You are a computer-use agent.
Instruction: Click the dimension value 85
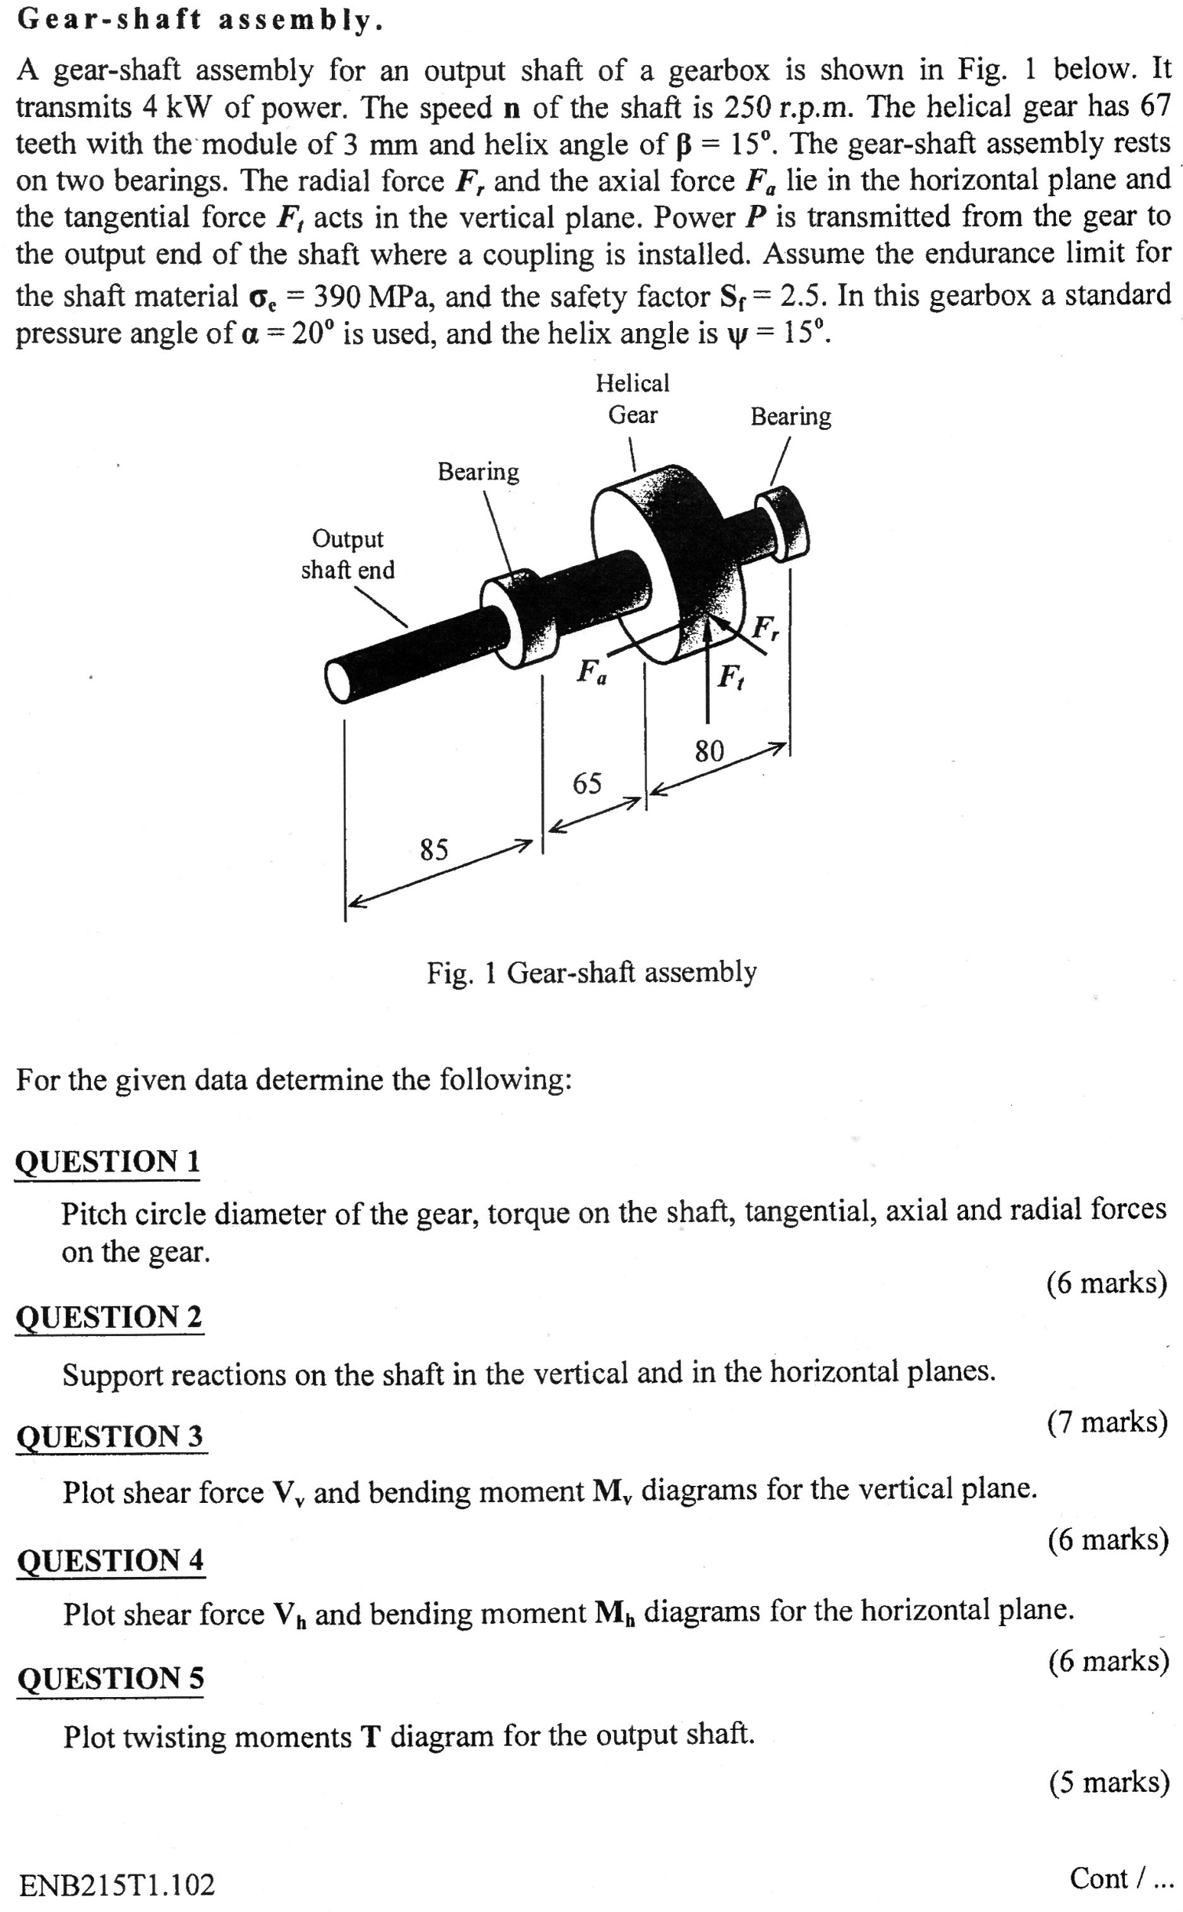pos(434,849)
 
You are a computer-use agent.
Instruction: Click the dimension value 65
pos(587,783)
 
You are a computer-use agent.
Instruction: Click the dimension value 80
pos(710,752)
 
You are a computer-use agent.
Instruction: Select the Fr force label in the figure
pos(765,628)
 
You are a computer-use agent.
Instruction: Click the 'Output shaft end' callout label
pos(347,554)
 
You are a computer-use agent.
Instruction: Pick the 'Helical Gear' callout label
pos(633,399)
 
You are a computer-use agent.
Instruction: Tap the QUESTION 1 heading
pos(108,1161)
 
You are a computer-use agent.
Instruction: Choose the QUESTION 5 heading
pos(110,1679)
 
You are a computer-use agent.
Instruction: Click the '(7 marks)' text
pos(1107,1421)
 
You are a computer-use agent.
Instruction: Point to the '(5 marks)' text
pos(1109,1781)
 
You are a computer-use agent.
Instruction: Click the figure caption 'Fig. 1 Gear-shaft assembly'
pos(592,972)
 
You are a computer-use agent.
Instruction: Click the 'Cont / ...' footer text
pos(1120,1878)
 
